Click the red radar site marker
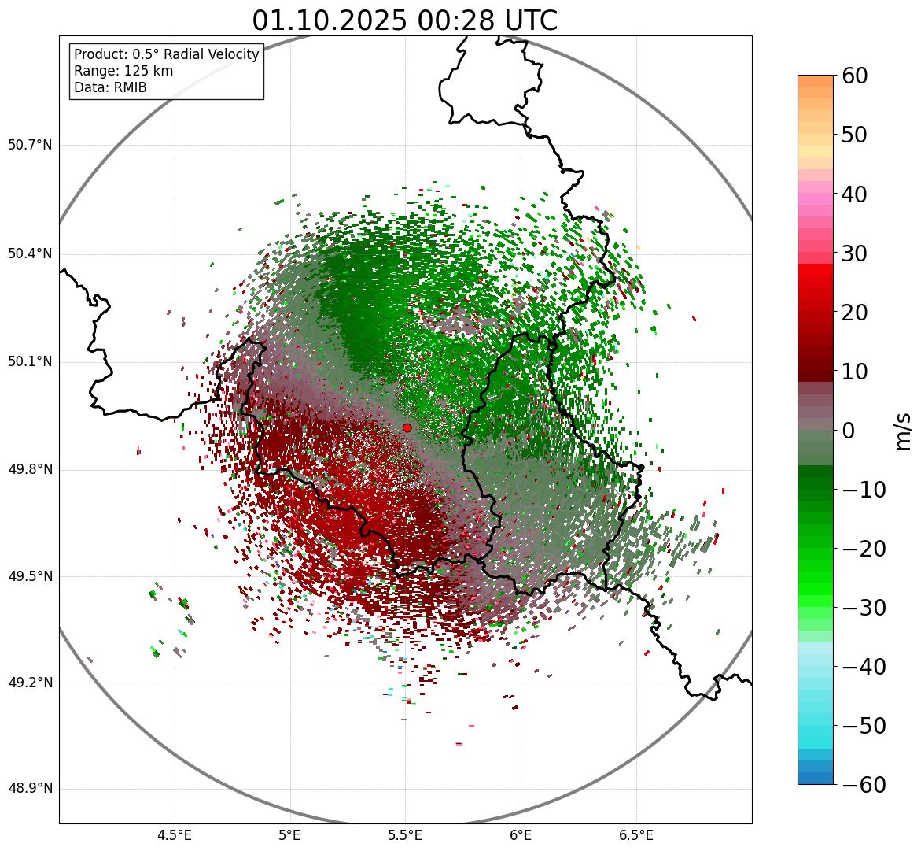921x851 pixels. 407,427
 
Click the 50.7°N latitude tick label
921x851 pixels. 30,146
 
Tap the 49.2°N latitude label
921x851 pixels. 30,683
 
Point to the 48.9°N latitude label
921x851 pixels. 30,789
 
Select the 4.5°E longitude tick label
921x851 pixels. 175,835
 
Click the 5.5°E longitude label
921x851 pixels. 405,835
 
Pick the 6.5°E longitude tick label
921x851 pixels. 635,835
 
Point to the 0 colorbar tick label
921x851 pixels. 849,431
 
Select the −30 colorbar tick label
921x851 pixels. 864,608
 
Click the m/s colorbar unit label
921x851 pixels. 904,431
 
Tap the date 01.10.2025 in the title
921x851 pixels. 328,20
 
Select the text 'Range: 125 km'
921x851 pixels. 123,71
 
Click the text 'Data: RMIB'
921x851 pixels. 110,87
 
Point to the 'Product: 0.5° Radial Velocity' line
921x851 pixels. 166,54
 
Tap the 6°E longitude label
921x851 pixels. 520,835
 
